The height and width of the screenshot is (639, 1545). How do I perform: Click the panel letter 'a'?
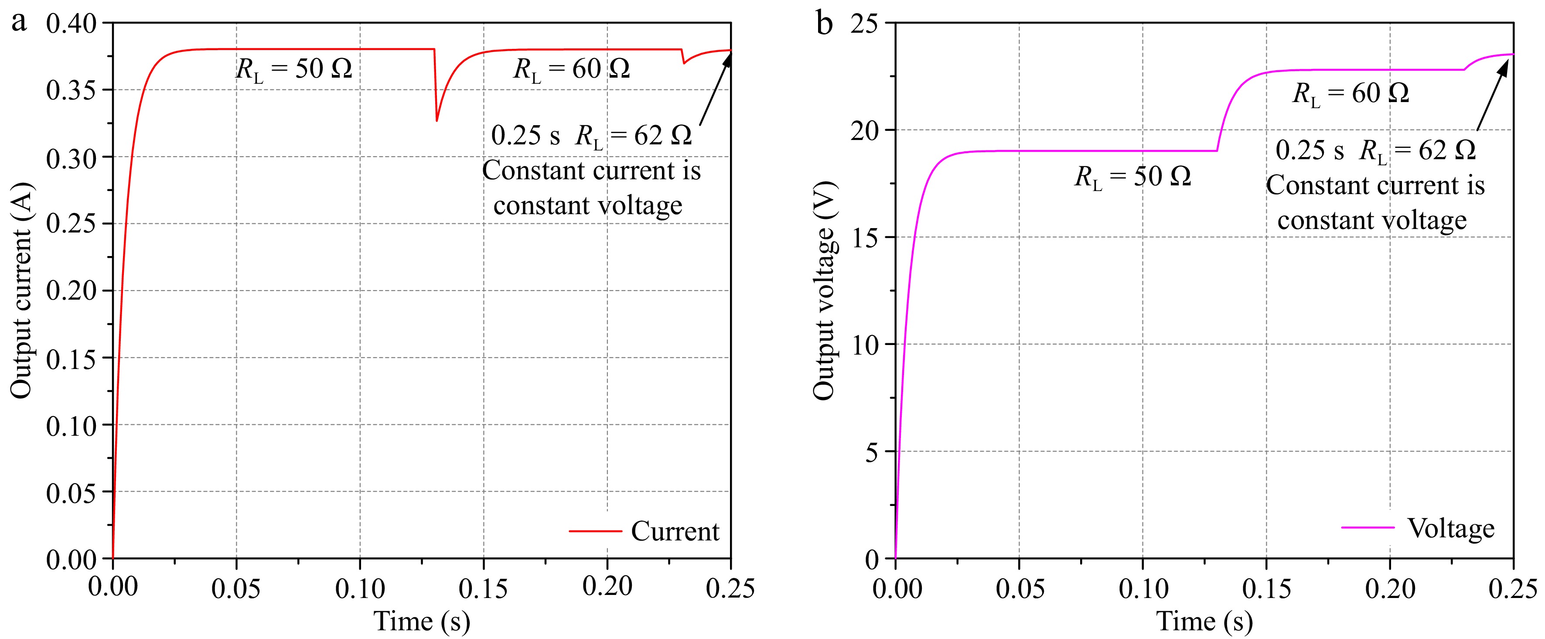pyautogui.click(x=19, y=23)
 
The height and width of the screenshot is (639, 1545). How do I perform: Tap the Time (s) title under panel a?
pyautogui.click(x=422, y=621)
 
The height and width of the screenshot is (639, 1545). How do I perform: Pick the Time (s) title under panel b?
pyautogui.click(x=1204, y=621)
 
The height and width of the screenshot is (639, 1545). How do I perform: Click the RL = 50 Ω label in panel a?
pyautogui.click(x=294, y=70)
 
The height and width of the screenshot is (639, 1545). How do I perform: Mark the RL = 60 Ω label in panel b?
pyautogui.click(x=1350, y=94)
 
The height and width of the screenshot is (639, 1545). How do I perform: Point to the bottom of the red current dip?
pyautogui.click(x=437, y=120)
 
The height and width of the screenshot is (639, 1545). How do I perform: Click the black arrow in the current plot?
pyautogui.click(x=715, y=90)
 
